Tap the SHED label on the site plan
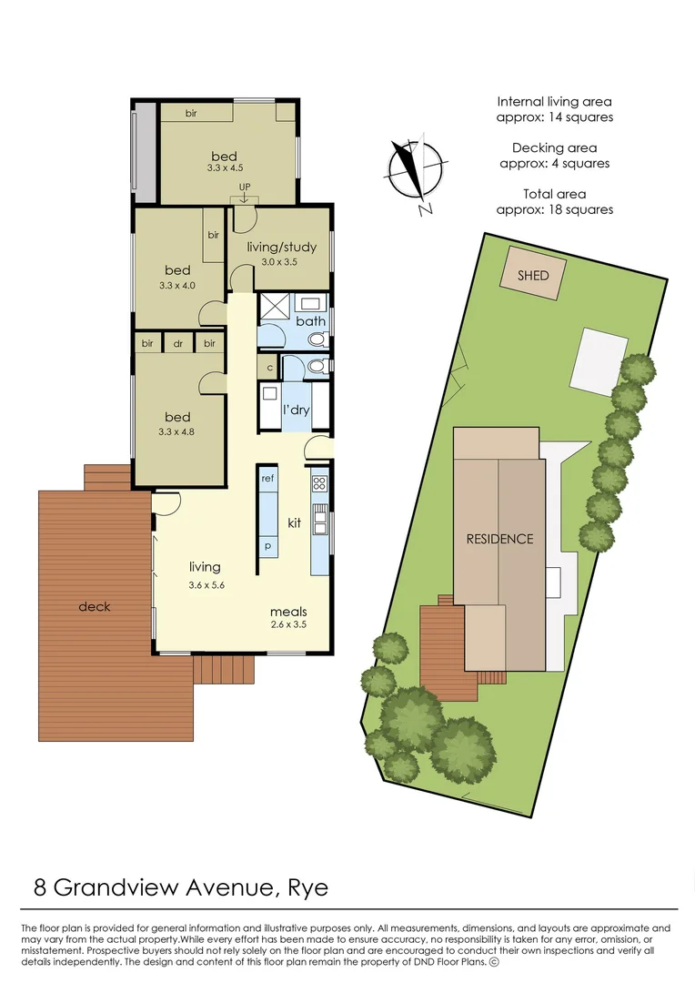[x=533, y=274]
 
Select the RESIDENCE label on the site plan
[x=499, y=539]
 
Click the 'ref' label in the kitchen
[x=268, y=478]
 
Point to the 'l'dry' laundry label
[x=297, y=410]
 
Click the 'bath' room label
[x=310, y=321]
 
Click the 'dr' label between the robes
[x=178, y=343]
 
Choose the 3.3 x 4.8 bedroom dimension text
[x=178, y=433]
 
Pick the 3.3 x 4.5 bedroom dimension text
[x=224, y=168]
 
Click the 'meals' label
[x=288, y=612]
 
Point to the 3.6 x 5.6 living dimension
[x=206, y=584]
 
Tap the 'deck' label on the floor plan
[x=94, y=606]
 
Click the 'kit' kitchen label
[x=295, y=523]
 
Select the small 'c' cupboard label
[x=269, y=368]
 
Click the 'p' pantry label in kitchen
[x=267, y=548]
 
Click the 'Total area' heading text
[x=554, y=194]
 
